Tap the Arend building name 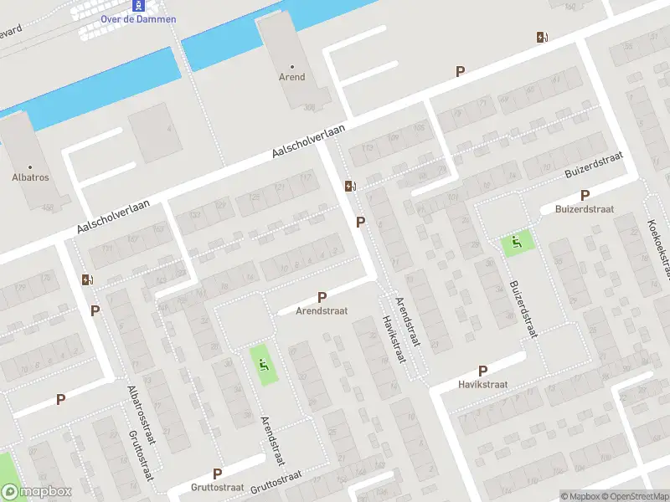pos(292,77)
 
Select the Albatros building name pos(30,177)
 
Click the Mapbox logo pos(37,492)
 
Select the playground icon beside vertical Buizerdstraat pos(517,243)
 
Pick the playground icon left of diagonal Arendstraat pos(264,365)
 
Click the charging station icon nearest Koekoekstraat pos(542,37)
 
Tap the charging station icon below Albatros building pos(87,279)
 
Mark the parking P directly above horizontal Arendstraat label pos(322,297)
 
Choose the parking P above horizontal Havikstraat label pos(482,371)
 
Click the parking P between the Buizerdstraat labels pos(585,195)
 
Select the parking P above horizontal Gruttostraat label pos(217,474)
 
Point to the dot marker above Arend pos(292,66)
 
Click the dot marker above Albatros pos(30,166)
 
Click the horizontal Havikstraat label pos(483,384)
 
